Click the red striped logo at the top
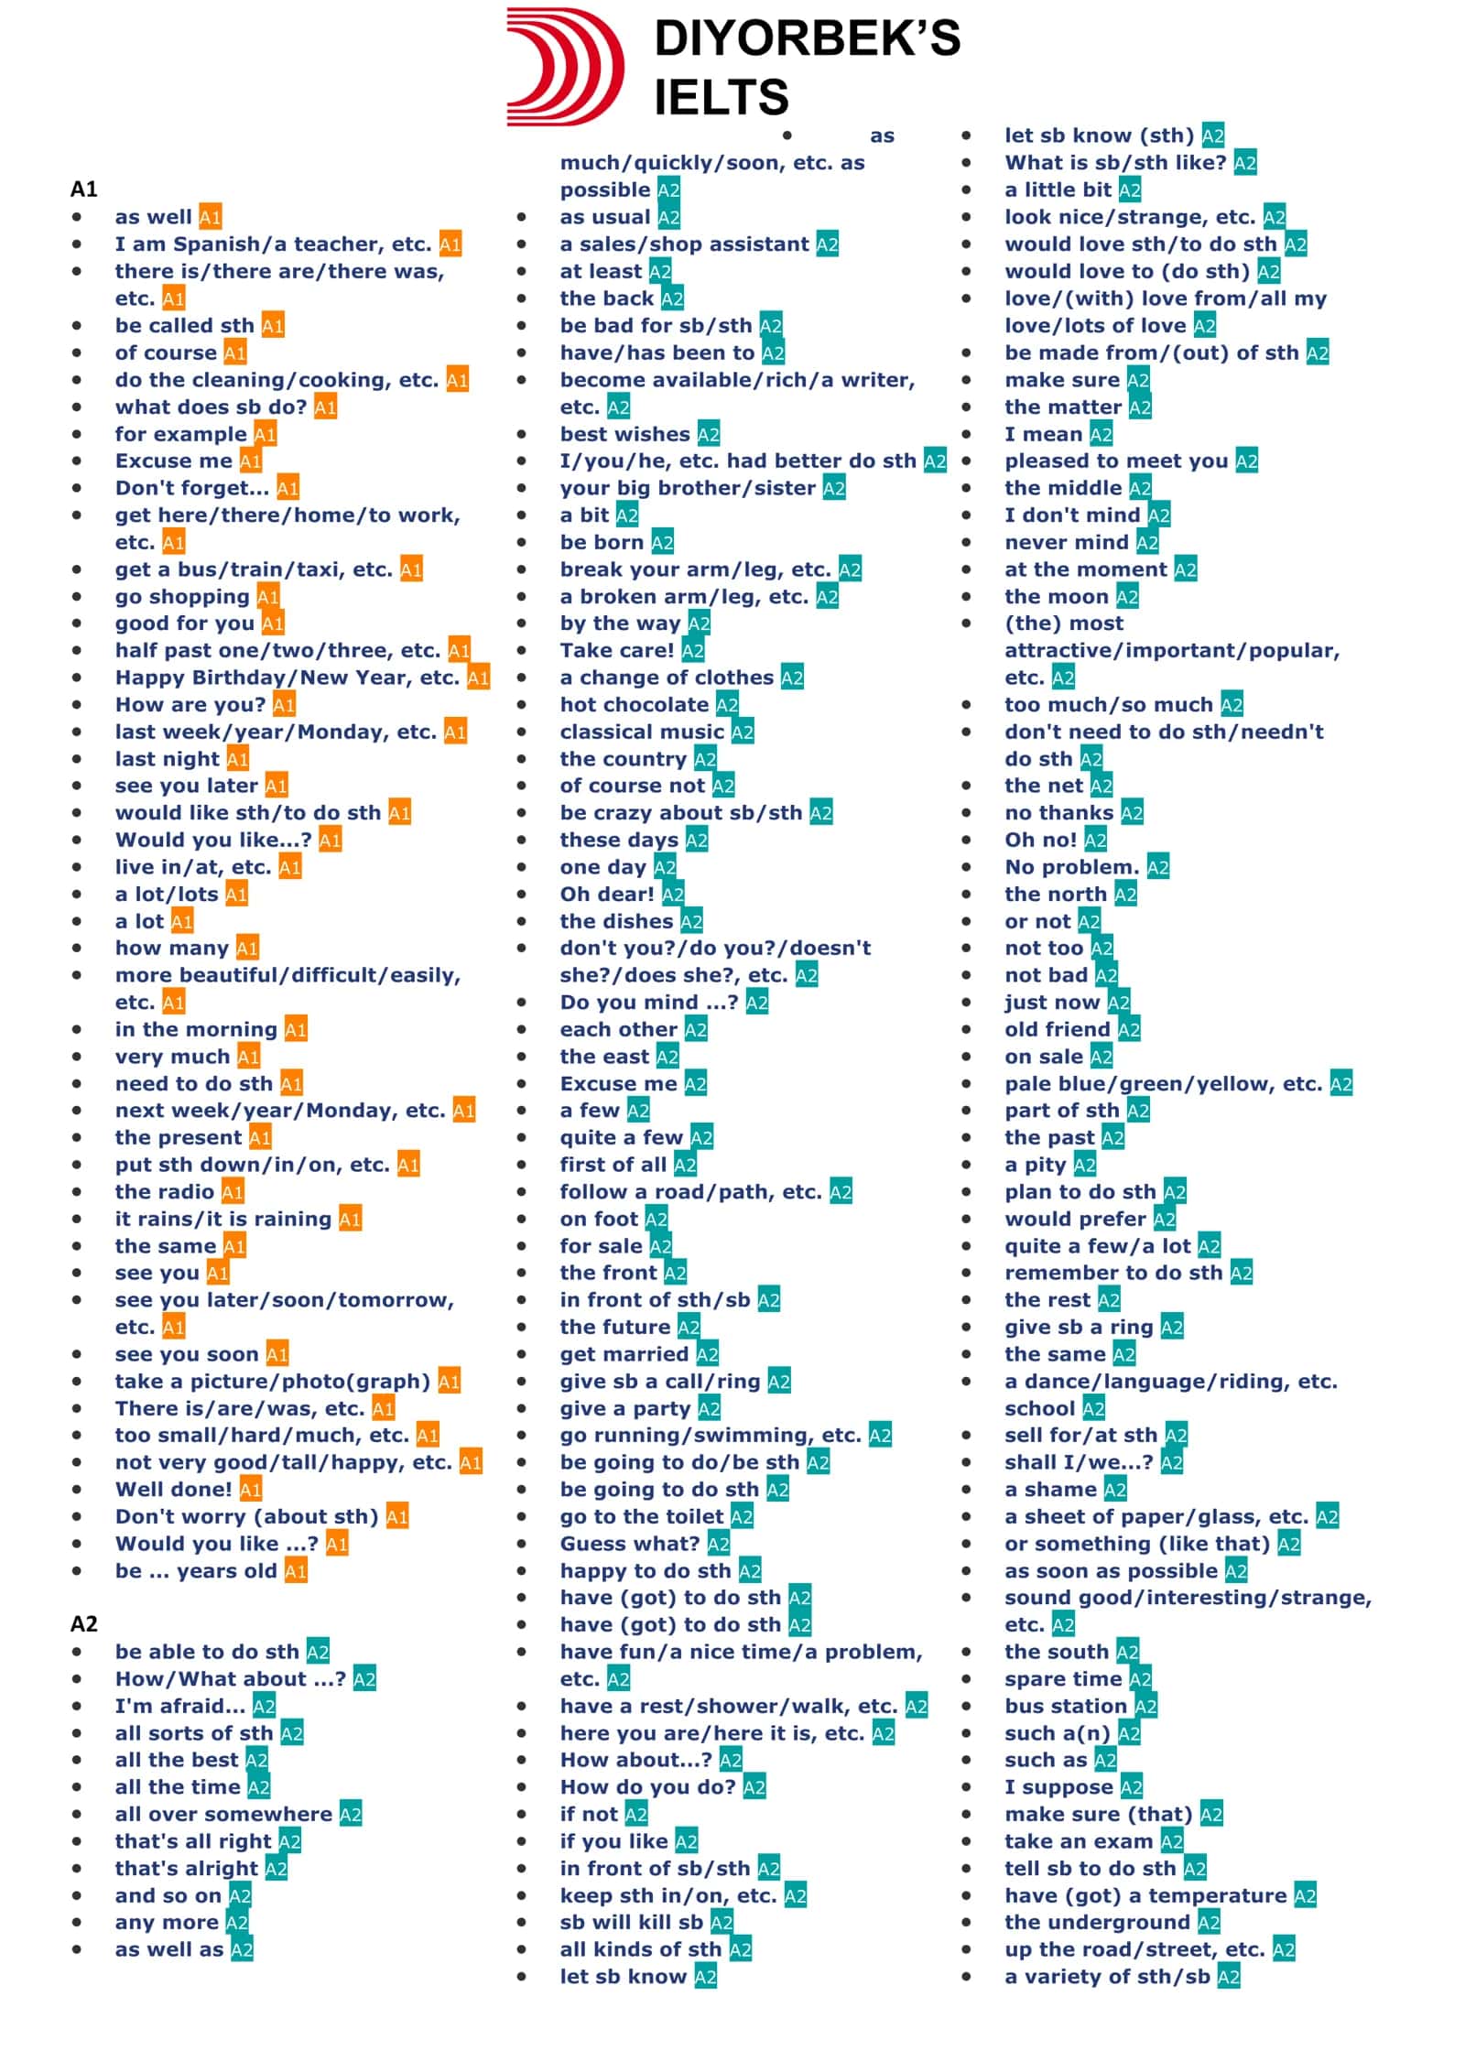pos(564,66)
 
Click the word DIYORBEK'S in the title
pos(808,38)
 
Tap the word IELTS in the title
pos(722,97)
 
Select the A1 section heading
pos(84,190)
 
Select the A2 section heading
pos(84,1623)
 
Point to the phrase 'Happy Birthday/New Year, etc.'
pos(287,678)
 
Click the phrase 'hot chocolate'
pos(634,705)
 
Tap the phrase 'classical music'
pos(642,732)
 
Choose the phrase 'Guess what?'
pos(630,1544)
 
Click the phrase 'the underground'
pos(1098,1922)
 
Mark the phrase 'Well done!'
pos(174,1490)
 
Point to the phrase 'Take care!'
pos(617,650)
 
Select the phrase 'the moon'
pos(1057,597)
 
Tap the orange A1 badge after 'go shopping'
pos(268,597)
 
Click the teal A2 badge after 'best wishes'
pos(709,434)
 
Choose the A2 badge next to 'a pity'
pos(1085,1165)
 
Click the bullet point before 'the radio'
pos(77,1191)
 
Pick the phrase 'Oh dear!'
pos(607,894)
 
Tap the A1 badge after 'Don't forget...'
pos(288,488)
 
